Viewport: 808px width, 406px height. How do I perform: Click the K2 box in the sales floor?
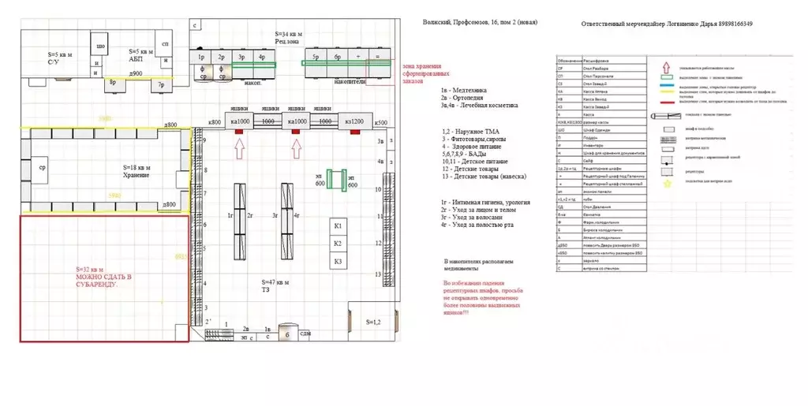click(337, 244)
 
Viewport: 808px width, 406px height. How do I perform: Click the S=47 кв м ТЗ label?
click(276, 285)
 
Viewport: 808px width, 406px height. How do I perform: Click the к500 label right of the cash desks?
click(380, 122)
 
